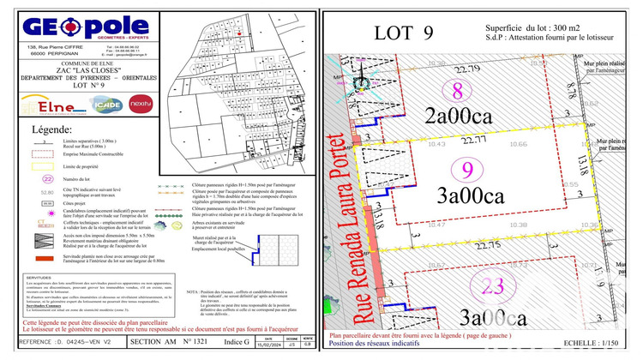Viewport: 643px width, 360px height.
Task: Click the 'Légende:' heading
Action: tap(52, 129)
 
